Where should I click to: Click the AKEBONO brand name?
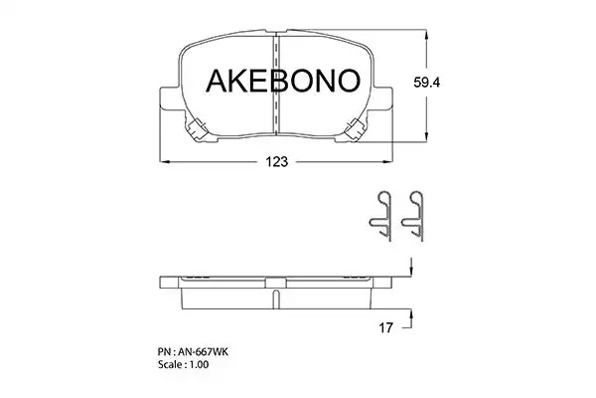pyautogui.click(x=283, y=81)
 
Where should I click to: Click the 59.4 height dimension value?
pyautogui.click(x=426, y=83)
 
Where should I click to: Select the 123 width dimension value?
pyautogui.click(x=277, y=162)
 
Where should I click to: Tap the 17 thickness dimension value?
pyautogui.click(x=385, y=327)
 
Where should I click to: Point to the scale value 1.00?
pyautogui.click(x=200, y=364)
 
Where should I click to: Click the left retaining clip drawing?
pyautogui.click(x=380, y=215)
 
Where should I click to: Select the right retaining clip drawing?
pyautogui.click(x=413, y=215)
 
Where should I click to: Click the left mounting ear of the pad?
pyautogui.click(x=170, y=99)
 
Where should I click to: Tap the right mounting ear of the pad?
pyautogui.click(x=382, y=99)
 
